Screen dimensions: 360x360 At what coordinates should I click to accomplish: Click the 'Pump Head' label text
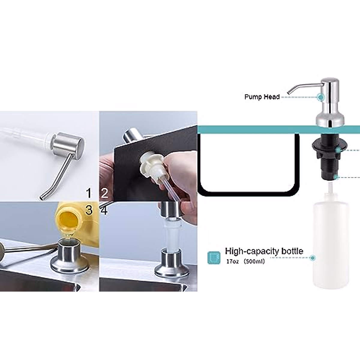(x=262, y=97)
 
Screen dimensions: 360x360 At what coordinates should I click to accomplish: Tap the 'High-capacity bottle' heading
(x=264, y=251)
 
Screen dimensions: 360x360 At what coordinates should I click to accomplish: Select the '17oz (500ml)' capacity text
(x=245, y=261)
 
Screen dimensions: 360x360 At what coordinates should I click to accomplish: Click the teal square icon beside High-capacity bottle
(x=214, y=258)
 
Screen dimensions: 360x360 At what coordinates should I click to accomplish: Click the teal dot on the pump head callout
(x=321, y=97)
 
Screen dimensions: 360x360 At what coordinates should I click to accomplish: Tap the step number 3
(x=88, y=210)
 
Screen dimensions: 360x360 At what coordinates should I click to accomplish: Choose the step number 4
(x=104, y=210)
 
